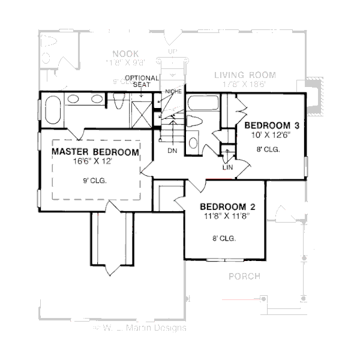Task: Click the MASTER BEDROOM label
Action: pyautogui.click(x=95, y=152)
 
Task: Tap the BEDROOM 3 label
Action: pyautogui.click(x=271, y=125)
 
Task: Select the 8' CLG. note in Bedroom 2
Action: pyautogui.click(x=224, y=238)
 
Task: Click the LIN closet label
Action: pyautogui.click(x=227, y=167)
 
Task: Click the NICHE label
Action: pyautogui.click(x=173, y=91)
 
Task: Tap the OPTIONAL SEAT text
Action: pyautogui.click(x=142, y=82)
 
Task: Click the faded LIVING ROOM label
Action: pyautogui.click(x=245, y=75)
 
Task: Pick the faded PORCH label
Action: pyautogui.click(x=244, y=277)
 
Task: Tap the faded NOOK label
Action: pyautogui.click(x=125, y=53)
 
